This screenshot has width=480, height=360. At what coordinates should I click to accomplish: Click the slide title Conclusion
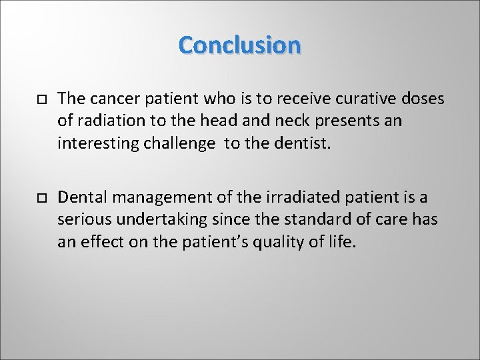pos(240,45)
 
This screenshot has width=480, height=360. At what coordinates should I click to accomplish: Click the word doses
pos(424,99)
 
